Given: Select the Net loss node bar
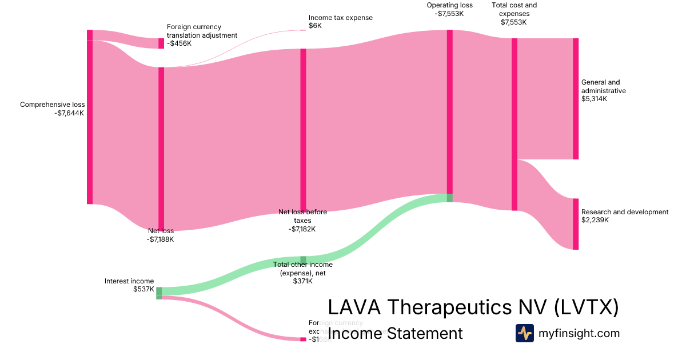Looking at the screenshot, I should (x=161, y=149).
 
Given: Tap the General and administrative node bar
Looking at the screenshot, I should (x=576, y=98).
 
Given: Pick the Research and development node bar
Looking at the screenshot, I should (x=576, y=224).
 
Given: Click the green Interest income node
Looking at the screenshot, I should (x=159, y=293).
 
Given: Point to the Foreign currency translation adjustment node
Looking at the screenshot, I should (x=161, y=43).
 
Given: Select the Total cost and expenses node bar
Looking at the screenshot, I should (x=514, y=124).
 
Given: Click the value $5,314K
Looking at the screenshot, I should (x=594, y=99).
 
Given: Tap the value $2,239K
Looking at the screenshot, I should (x=595, y=220).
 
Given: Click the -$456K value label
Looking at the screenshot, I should (x=180, y=43).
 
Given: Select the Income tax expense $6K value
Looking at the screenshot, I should (x=316, y=26).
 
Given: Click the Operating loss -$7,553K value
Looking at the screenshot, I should (x=449, y=14).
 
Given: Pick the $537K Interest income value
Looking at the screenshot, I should (x=143, y=289).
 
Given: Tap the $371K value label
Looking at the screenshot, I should (x=303, y=281).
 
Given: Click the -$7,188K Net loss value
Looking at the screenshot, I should (x=160, y=239).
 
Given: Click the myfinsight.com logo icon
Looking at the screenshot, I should (x=524, y=333).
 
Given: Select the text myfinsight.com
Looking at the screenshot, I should (x=579, y=333).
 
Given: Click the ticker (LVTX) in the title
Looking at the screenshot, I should (x=587, y=307).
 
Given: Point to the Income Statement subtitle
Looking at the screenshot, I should (x=396, y=333).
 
